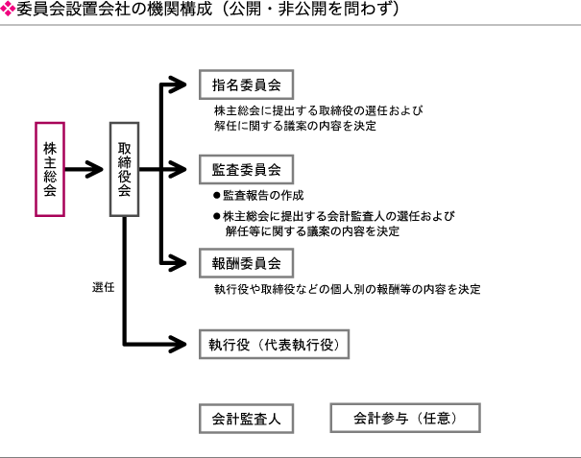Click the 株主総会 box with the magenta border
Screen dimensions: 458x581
[x=50, y=169]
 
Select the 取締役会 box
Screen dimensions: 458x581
[x=125, y=169]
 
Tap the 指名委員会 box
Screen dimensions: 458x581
[x=246, y=84]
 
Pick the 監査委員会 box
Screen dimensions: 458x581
[x=246, y=170]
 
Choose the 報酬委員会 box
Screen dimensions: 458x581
[x=246, y=262]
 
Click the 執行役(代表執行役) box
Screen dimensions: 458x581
[x=273, y=344]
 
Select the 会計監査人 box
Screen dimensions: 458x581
[x=246, y=418]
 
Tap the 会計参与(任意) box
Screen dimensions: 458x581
[x=403, y=418]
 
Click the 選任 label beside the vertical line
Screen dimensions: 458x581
[x=104, y=287]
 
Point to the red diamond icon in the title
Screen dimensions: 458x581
[x=9, y=10]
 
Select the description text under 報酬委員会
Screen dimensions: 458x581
[x=347, y=288]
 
